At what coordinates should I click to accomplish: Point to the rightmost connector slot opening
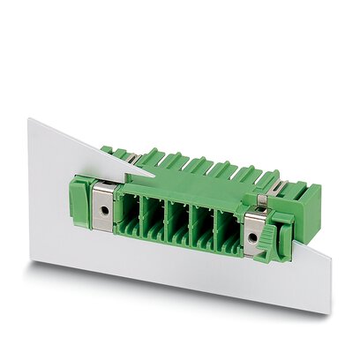click(228, 236)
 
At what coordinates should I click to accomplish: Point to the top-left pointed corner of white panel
click(29, 122)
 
